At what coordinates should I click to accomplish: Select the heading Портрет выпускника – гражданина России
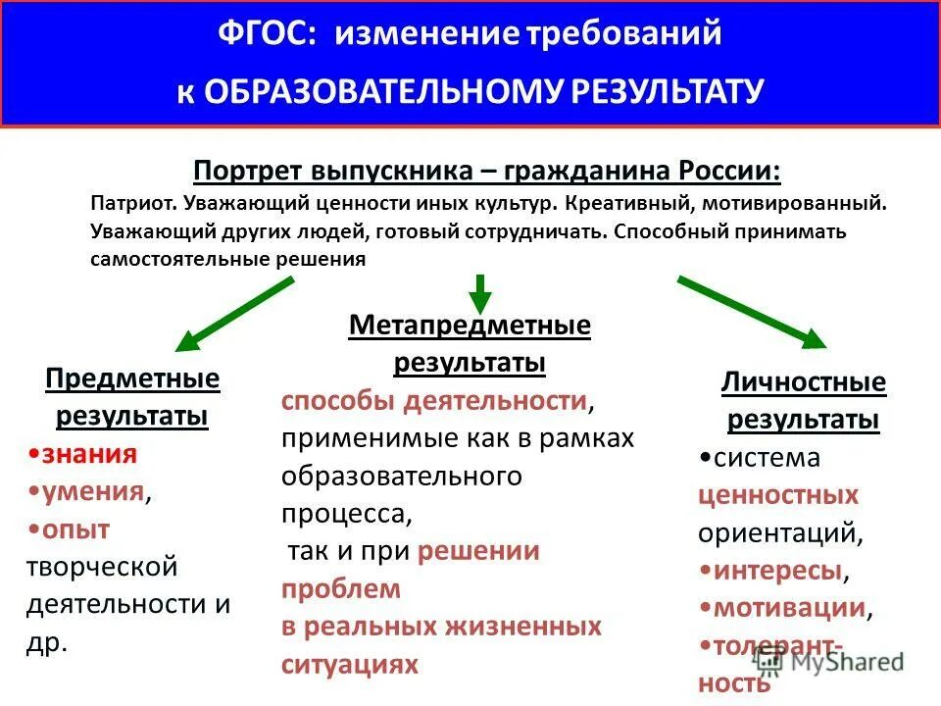[x=487, y=170]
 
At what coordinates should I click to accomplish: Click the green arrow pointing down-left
[x=234, y=313]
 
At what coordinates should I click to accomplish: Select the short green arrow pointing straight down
[x=478, y=291]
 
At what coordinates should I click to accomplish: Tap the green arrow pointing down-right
[x=753, y=313]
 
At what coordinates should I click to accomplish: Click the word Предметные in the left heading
[x=132, y=378]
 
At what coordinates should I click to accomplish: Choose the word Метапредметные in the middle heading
[x=470, y=326]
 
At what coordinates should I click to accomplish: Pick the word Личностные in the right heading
[x=803, y=382]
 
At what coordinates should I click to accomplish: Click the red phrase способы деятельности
[x=434, y=401]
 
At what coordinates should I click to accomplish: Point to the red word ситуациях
[x=349, y=664]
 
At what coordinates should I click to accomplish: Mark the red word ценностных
[x=777, y=495]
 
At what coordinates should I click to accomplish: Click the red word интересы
[x=776, y=570]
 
